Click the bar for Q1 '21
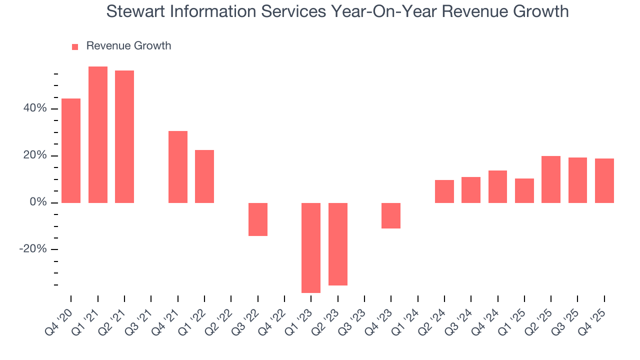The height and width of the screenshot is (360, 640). coord(98,134)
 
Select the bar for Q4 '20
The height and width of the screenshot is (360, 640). coord(71,150)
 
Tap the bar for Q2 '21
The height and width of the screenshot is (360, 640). coord(124,136)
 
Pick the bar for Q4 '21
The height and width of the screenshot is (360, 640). coord(178,167)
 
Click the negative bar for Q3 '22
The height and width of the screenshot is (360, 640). coord(258,219)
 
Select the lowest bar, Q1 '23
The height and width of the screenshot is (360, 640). coord(311,247)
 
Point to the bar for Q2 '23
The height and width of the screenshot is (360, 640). coord(338,244)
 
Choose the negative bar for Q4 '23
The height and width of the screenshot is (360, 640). coord(391,215)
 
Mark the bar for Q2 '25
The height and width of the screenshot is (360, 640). coord(551,179)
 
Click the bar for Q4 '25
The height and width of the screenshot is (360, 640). coord(604,180)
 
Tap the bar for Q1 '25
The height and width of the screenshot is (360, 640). coord(524,190)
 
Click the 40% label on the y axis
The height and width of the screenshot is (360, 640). coord(34,108)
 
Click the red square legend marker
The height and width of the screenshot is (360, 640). coord(75,46)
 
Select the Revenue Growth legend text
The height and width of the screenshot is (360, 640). coord(128,46)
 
